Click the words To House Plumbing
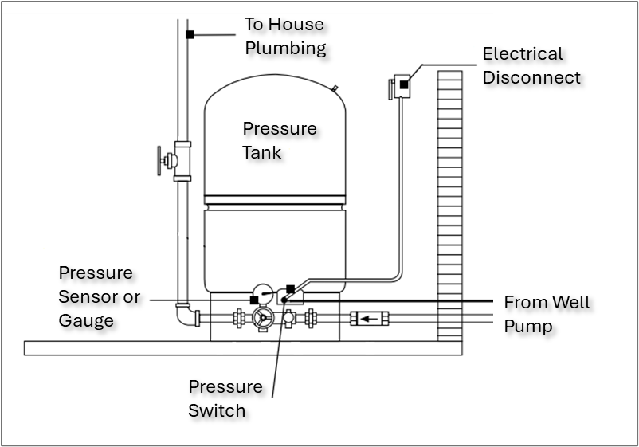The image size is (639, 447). click(x=284, y=36)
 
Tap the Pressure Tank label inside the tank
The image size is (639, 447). click(x=279, y=139)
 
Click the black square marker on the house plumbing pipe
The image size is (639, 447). click(x=190, y=34)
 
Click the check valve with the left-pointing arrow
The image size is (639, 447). click(x=367, y=319)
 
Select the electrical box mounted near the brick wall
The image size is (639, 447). click(x=401, y=85)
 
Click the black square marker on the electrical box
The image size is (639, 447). click(x=404, y=84)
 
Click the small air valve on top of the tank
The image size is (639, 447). click(x=335, y=88)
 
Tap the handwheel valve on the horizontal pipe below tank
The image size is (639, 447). click(x=262, y=319)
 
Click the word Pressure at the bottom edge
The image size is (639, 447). click(x=225, y=386)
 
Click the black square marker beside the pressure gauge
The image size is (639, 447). click(x=253, y=300)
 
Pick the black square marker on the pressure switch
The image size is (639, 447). click(x=291, y=288)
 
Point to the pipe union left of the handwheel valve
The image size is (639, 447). click(x=238, y=319)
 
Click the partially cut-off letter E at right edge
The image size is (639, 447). click(x=488, y=54)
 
